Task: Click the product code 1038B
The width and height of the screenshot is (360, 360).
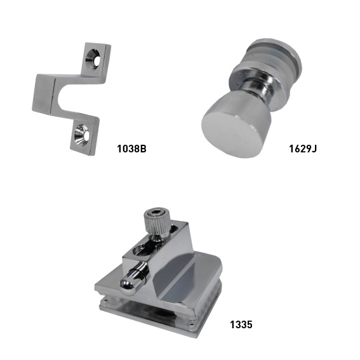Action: coord(131,149)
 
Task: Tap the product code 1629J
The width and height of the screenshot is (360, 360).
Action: coord(303,149)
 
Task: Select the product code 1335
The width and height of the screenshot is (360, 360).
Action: coord(241,324)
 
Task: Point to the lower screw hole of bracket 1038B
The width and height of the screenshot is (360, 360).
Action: coord(82,135)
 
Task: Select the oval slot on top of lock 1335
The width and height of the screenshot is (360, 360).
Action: coord(141,249)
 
